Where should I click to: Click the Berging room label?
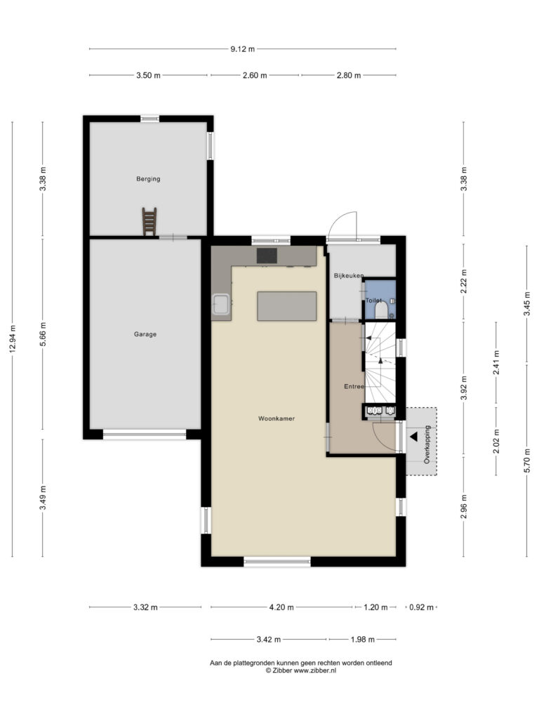click(x=148, y=179)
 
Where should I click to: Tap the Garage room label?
click(x=145, y=334)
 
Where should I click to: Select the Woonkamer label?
click(x=277, y=418)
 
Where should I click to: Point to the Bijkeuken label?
click(x=349, y=275)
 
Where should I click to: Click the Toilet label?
click(x=373, y=301)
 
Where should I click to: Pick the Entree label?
click(x=354, y=387)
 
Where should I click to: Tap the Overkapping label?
click(x=427, y=444)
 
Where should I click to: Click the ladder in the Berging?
click(x=149, y=221)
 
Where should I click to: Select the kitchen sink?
click(x=221, y=305)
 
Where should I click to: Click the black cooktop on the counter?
click(x=267, y=256)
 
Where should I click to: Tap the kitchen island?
click(x=287, y=306)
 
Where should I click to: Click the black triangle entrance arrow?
click(x=413, y=437)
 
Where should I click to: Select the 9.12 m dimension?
click(x=242, y=49)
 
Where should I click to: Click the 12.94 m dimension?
click(x=13, y=339)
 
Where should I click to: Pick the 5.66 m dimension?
click(x=43, y=334)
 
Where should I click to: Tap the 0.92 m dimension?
click(x=421, y=607)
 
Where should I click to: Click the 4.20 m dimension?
click(x=281, y=607)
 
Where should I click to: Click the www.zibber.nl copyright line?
click(x=300, y=670)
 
